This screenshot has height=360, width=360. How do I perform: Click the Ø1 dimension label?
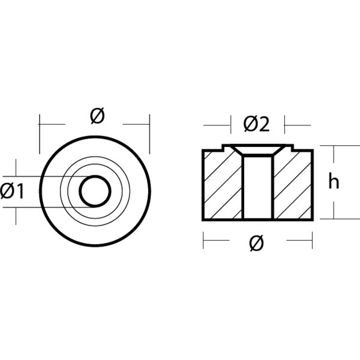[12, 191]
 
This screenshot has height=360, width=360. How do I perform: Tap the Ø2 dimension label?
[256, 124]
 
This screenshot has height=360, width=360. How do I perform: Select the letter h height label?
[334, 181]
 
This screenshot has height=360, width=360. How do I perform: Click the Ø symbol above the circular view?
[97, 116]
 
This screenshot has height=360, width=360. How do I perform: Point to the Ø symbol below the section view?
[256, 243]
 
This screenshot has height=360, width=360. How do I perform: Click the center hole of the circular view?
[95, 191]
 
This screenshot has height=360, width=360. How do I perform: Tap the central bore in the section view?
[258, 187]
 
